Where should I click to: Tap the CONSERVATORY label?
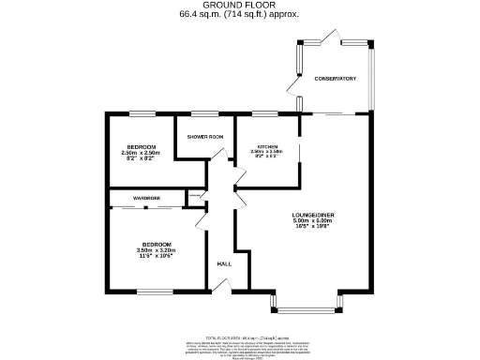pos(336,78)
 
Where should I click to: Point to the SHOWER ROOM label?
pos(204,137)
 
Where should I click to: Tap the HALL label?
pos(224,263)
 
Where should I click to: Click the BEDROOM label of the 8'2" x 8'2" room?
pos(143,146)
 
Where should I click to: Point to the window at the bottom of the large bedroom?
pos(156,292)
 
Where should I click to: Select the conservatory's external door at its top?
pos(327,37)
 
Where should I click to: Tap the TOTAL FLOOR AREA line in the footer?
pos(240,335)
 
